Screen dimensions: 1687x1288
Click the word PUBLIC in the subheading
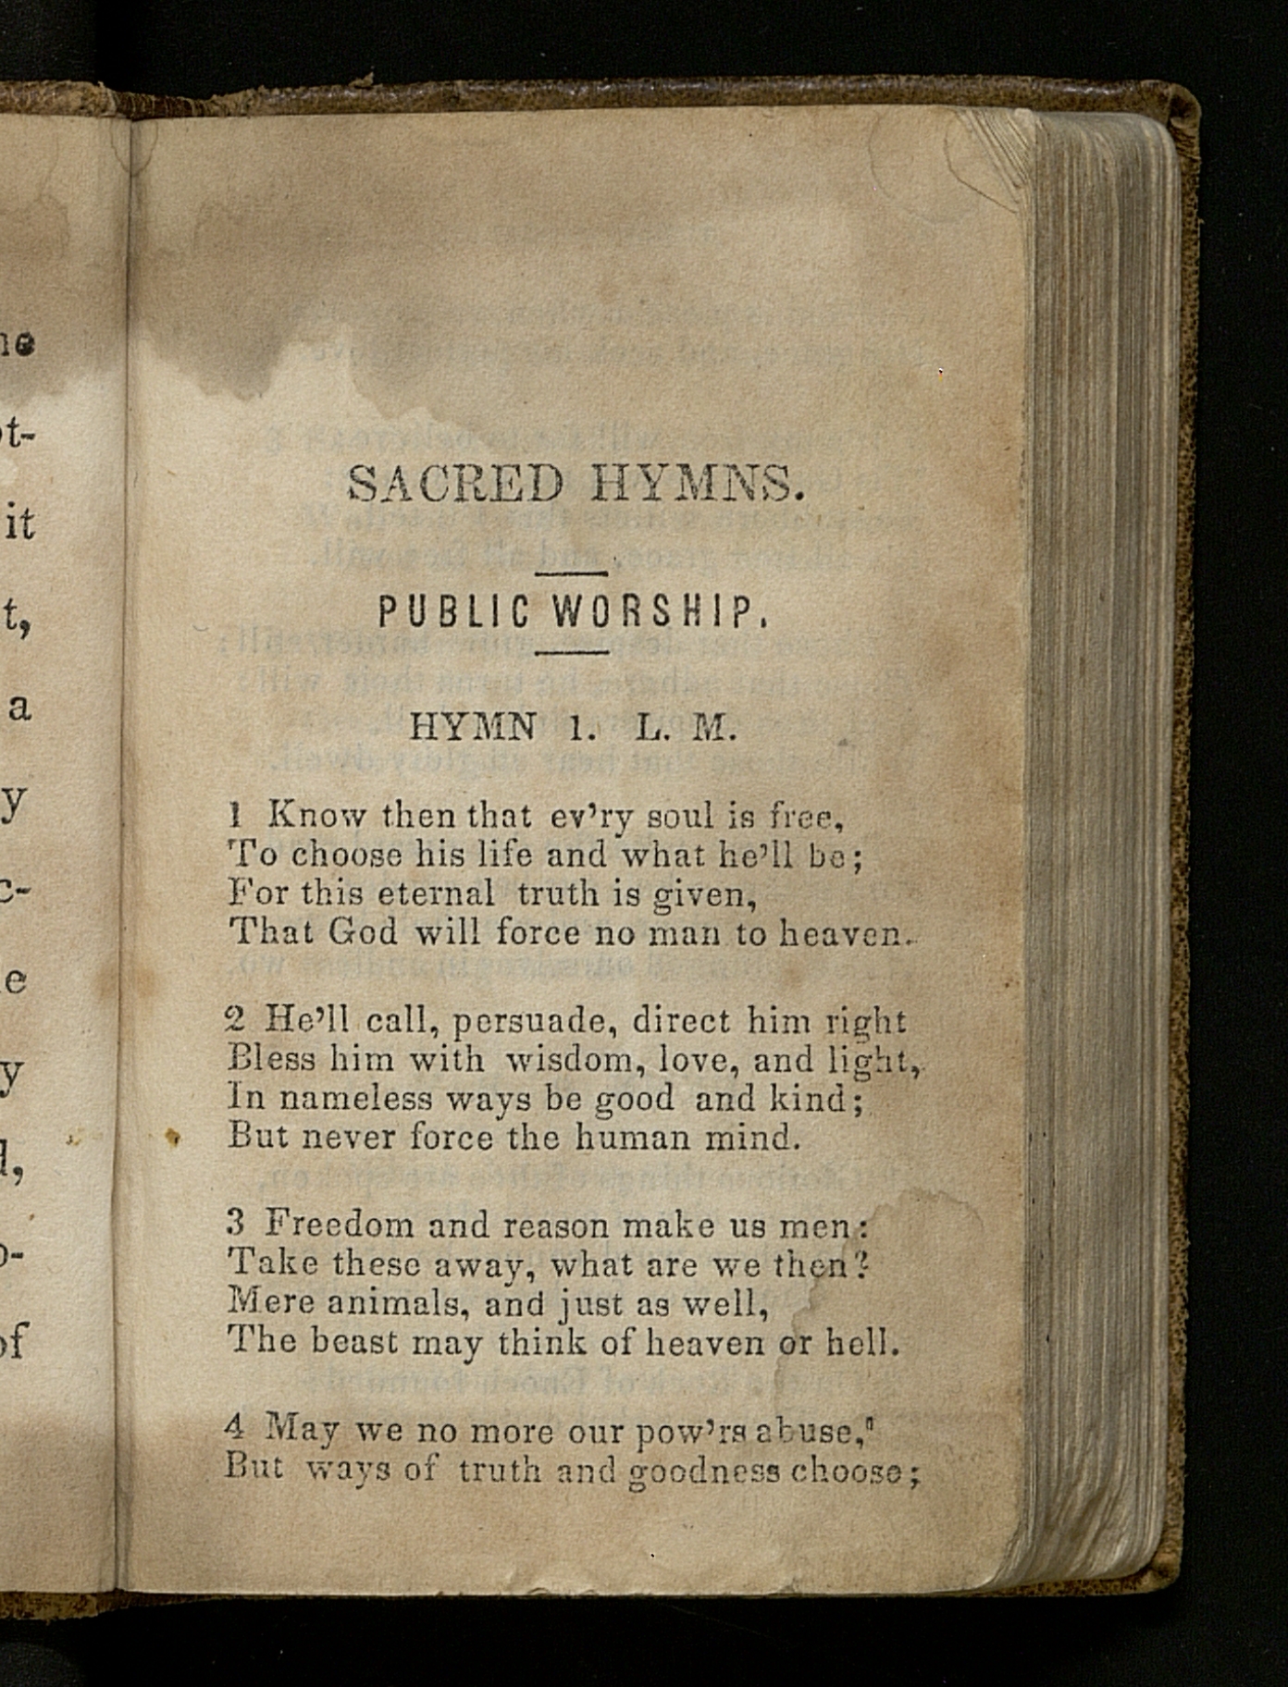453,612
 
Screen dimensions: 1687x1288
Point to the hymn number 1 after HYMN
578,729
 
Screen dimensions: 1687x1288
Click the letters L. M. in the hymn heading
686,729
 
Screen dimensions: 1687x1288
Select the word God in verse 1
363,931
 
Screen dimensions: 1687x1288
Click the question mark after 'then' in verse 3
862,1263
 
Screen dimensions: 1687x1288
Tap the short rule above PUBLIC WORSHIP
572,575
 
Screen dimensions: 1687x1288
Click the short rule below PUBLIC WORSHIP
572,653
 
